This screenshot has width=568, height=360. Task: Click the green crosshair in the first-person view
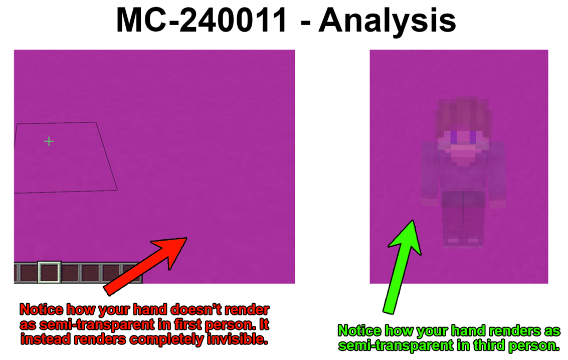[49, 141]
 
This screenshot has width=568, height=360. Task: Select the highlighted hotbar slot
[49, 272]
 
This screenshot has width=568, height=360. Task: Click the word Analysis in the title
[387, 20]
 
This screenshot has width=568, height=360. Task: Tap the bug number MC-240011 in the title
[202, 20]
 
